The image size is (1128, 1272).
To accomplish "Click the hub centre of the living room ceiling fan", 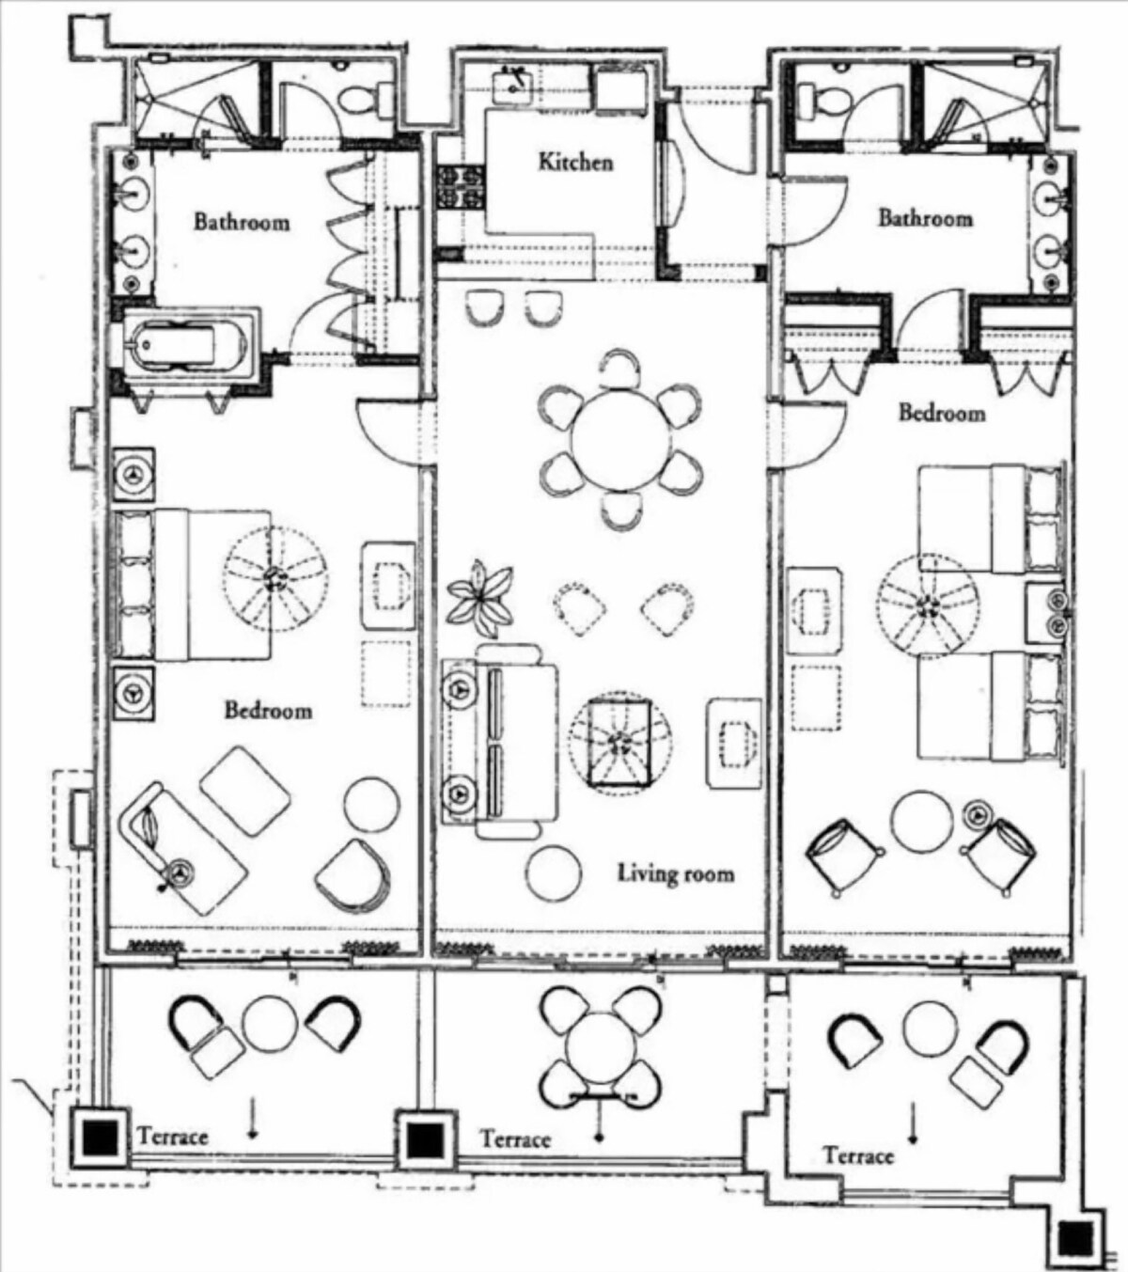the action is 620,743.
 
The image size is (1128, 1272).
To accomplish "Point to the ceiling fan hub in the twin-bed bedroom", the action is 927,605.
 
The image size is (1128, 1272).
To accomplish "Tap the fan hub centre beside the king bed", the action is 274,577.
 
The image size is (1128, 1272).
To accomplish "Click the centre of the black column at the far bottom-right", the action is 1076,1237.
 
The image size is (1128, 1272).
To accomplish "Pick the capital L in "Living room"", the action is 624,872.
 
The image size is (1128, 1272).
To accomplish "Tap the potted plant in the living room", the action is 480,598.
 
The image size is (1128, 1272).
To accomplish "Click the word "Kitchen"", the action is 575,162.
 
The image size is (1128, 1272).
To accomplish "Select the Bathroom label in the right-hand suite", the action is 925,218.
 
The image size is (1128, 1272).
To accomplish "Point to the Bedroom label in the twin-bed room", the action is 942,413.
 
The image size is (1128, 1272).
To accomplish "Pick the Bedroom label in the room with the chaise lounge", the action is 268,710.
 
